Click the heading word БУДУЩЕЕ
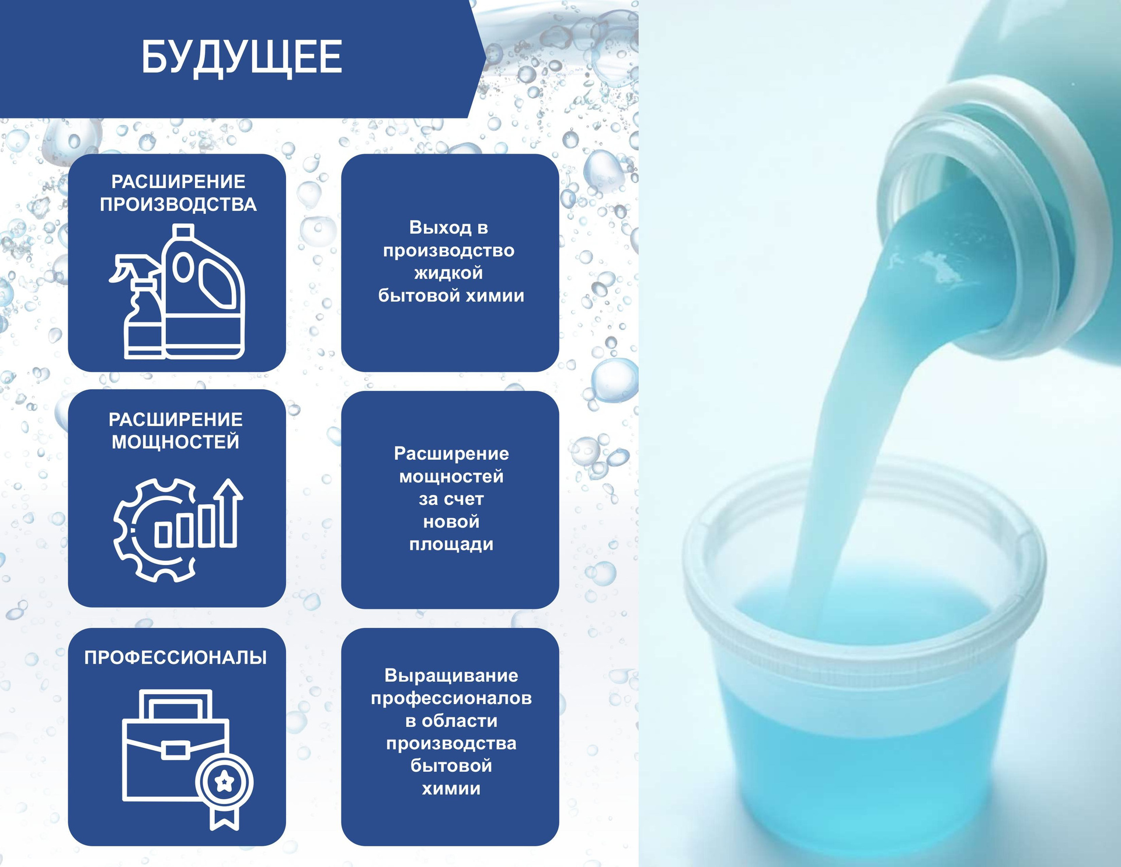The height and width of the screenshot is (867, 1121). click(x=242, y=57)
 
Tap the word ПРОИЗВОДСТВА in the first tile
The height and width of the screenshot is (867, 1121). click(x=178, y=204)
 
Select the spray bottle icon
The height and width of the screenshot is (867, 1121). click(x=137, y=307)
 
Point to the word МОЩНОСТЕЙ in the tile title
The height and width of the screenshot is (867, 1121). click(x=176, y=442)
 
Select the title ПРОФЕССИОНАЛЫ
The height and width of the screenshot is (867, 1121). click(x=176, y=657)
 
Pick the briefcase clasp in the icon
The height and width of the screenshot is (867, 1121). click(x=175, y=750)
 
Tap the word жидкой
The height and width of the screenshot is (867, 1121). click(x=448, y=273)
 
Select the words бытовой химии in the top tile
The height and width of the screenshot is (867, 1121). click(x=451, y=296)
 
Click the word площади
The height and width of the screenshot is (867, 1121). click(x=451, y=545)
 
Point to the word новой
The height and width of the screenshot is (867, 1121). click(x=451, y=522)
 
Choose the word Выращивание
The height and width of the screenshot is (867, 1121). click(x=451, y=676)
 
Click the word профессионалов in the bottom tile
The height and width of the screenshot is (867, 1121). click(x=451, y=699)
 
